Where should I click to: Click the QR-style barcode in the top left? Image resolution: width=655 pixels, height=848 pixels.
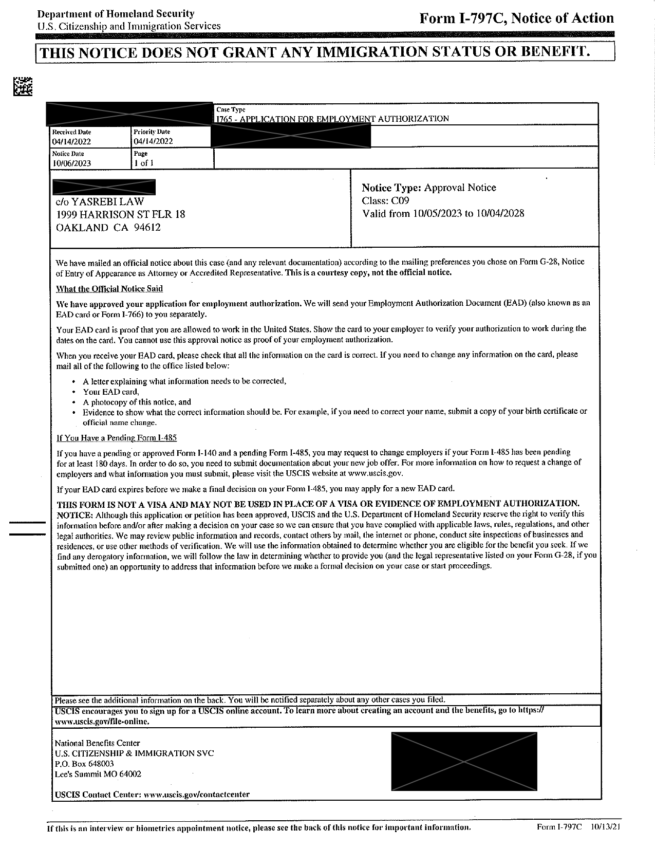(x=23, y=86)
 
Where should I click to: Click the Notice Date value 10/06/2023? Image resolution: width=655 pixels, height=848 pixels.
(x=71, y=163)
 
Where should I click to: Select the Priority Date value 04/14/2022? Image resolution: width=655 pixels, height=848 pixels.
(x=153, y=141)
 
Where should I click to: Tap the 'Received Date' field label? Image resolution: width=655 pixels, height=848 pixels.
(x=71, y=132)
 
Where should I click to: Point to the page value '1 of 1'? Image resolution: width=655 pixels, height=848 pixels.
(x=144, y=163)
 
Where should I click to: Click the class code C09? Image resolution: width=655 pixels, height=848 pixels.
(x=400, y=201)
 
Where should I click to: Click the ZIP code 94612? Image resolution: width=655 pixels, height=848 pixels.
(x=147, y=228)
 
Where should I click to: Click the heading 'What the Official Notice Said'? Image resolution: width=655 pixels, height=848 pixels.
(x=109, y=289)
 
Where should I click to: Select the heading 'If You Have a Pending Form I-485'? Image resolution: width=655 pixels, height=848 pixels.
(x=117, y=438)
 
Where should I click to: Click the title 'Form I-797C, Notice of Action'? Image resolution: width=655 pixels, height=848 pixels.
(x=516, y=19)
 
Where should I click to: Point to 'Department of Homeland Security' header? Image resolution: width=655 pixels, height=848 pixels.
(x=116, y=14)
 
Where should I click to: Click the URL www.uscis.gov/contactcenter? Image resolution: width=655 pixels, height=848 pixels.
(x=197, y=794)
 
